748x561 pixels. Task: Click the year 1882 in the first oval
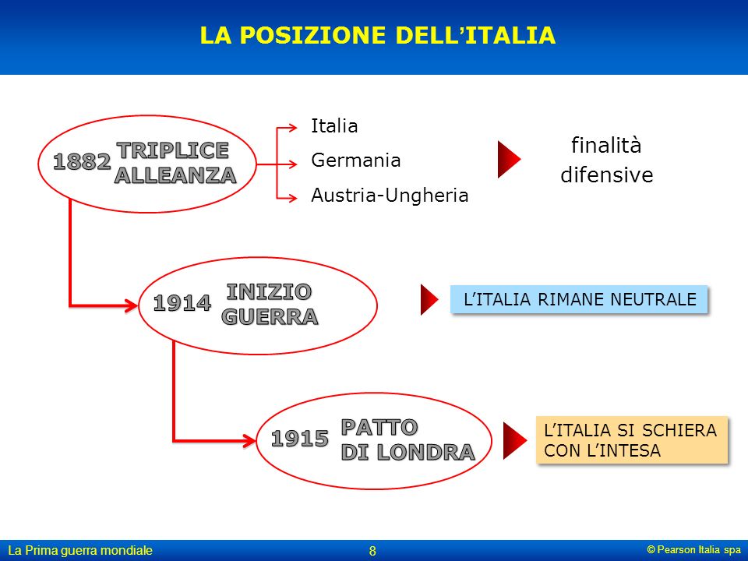[82, 161]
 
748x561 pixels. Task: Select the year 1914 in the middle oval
[182, 303]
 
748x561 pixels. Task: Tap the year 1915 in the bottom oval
[300, 439]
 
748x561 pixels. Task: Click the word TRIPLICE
[173, 150]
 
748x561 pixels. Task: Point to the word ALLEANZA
[175, 175]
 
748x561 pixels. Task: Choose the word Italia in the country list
[334, 126]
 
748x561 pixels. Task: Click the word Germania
[356, 161]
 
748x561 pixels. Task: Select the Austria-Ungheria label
[390, 195]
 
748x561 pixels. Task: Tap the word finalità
[606, 145]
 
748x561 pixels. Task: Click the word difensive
[607, 175]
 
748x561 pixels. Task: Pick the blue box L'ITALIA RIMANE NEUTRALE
[579, 299]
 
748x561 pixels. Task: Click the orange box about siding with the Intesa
[632, 439]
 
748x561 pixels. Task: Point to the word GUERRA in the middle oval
[270, 317]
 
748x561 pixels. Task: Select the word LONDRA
[425, 452]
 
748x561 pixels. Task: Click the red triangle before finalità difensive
[509, 159]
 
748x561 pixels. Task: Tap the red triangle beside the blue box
[429, 299]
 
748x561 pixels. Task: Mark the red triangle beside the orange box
[515, 440]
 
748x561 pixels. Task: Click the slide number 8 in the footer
[372, 551]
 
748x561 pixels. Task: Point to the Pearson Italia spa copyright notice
[694, 549]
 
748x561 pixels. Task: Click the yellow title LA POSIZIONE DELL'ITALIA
[378, 35]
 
